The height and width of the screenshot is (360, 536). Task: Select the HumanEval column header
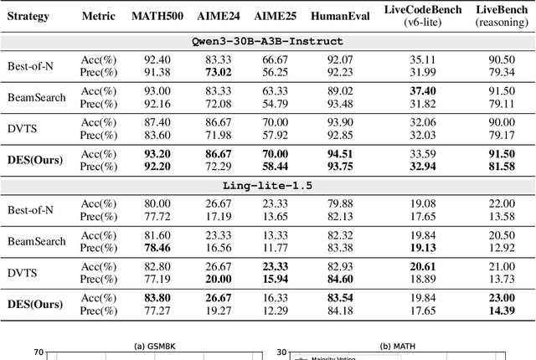(340, 16)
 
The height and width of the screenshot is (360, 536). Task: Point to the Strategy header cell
(28, 16)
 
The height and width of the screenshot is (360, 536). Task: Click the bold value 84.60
(340, 278)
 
